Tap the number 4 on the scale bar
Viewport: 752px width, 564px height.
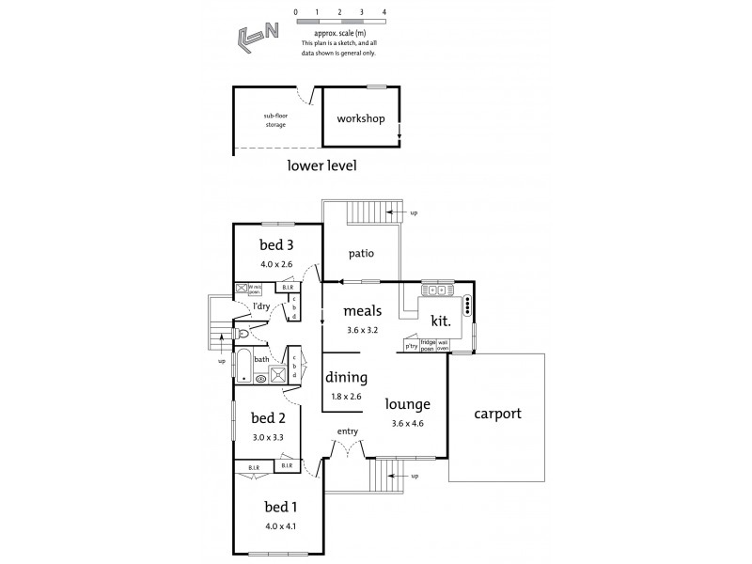(384, 12)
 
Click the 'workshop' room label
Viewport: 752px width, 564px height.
(361, 119)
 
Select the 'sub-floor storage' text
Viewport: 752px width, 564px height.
(275, 120)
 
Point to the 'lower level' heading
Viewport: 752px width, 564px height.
(321, 165)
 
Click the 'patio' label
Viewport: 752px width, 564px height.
(362, 253)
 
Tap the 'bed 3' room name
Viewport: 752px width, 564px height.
(276, 246)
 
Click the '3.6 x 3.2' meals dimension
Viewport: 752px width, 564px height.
(361, 330)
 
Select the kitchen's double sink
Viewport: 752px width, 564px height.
(437, 289)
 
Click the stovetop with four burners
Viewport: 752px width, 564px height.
(467, 306)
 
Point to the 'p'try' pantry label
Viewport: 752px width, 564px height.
(411, 346)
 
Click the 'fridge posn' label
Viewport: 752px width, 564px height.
(427, 346)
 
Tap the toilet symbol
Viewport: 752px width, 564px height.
(243, 333)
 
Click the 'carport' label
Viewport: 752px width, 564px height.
(497, 413)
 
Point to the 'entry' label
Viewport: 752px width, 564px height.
(348, 431)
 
